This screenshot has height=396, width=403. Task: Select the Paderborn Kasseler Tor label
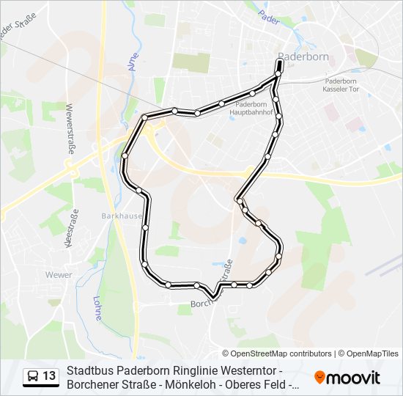(341, 85)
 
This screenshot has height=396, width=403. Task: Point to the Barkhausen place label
(119, 216)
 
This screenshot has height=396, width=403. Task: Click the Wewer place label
(59, 275)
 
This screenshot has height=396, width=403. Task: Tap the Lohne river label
(96, 308)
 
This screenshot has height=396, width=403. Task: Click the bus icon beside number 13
(33, 376)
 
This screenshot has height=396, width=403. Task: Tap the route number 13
(49, 376)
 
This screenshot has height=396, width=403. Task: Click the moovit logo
(347, 377)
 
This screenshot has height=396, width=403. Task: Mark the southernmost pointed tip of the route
(212, 297)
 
